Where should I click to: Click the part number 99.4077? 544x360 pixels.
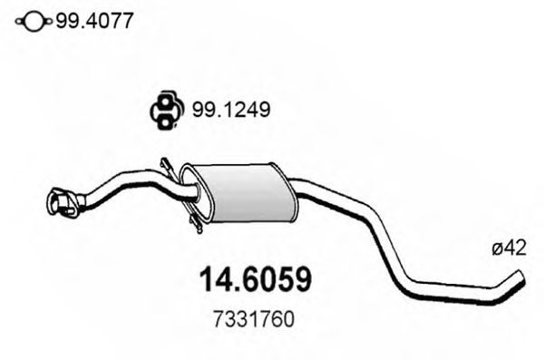point(94,19)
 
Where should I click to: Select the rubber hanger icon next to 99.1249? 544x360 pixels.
point(163,111)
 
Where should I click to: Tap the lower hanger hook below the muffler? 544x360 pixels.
point(195,223)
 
